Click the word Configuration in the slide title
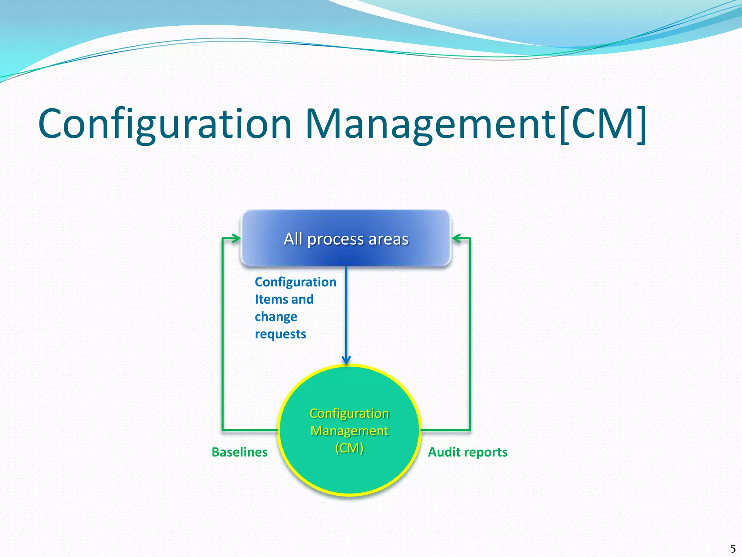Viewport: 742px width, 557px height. click(x=165, y=124)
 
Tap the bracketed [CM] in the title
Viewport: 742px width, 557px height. click(x=602, y=124)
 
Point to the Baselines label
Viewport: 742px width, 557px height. click(x=239, y=452)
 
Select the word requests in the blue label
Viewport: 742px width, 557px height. click(x=280, y=334)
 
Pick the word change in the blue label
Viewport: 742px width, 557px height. click(x=276, y=317)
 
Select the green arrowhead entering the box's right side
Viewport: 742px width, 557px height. click(x=456, y=238)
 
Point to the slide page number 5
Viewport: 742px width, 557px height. click(x=733, y=548)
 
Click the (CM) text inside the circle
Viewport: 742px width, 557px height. click(x=349, y=448)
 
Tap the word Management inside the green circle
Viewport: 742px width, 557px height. click(x=349, y=431)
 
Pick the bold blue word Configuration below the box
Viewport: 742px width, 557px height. click(x=295, y=282)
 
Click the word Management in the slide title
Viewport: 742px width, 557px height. click(x=430, y=124)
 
